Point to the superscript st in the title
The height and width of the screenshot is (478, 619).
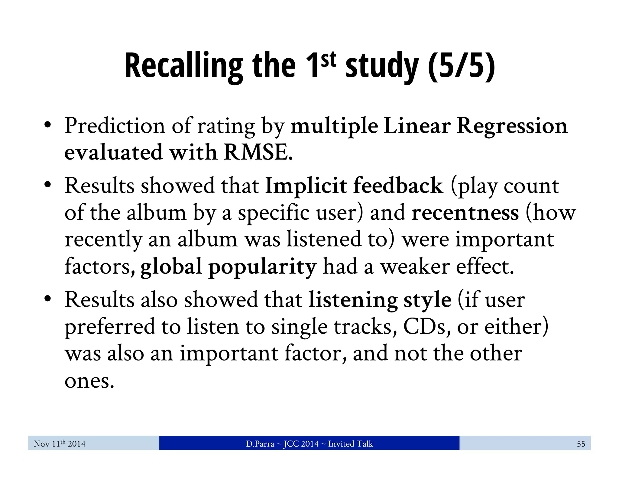click(328, 59)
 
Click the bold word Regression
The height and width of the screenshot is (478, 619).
click(512, 126)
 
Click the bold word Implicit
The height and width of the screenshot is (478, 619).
click(306, 186)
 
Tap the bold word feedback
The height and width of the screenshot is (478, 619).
click(398, 186)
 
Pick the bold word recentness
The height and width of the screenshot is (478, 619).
click(465, 212)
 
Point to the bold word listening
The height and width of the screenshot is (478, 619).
click(353, 300)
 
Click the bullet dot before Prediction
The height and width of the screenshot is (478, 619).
click(47, 125)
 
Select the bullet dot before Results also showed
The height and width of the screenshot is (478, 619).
click(47, 299)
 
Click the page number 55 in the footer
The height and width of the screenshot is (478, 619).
click(581, 444)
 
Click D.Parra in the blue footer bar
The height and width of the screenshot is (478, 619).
click(260, 444)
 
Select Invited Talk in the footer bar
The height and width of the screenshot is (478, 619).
click(350, 444)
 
